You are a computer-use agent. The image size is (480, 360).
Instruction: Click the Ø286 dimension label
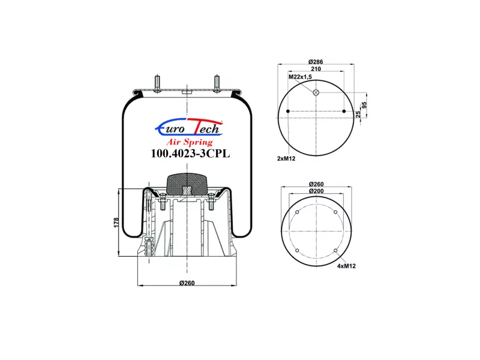point(316,62)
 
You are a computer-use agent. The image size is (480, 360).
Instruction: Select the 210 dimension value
point(316,69)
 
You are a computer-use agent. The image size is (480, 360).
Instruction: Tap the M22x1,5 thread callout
point(300,77)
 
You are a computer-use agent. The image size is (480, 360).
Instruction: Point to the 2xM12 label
point(286,158)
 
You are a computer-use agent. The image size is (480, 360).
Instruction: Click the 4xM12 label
point(347,266)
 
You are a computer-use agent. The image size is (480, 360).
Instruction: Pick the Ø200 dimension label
point(316,191)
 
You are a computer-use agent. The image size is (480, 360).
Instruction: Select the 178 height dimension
point(116,223)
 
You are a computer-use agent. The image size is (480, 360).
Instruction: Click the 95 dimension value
point(364,105)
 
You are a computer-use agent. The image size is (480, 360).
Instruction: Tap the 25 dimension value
point(358,114)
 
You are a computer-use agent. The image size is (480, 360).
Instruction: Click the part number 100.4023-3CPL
point(190,154)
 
